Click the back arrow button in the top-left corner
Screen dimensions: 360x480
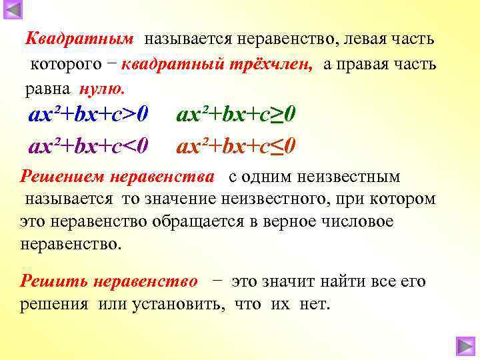point(13,11)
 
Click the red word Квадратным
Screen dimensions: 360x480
point(79,39)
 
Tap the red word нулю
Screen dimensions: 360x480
point(101,89)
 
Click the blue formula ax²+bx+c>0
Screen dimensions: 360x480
point(89,115)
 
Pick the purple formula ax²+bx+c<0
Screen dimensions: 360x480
point(89,145)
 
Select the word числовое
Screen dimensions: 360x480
point(352,221)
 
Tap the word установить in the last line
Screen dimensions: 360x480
point(175,304)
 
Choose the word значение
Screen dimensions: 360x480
point(181,199)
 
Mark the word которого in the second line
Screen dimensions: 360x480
point(63,65)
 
